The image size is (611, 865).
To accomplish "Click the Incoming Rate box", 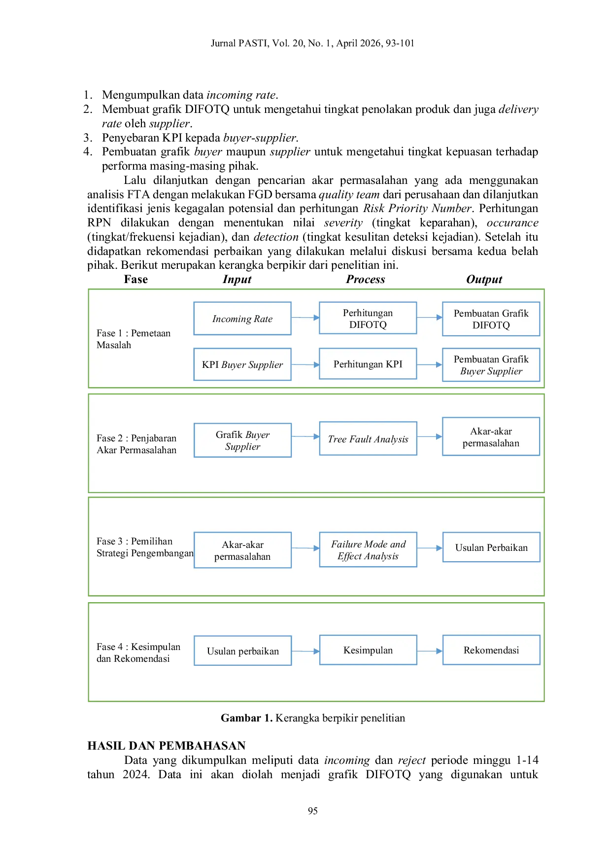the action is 242,319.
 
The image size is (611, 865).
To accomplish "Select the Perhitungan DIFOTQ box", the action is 368,318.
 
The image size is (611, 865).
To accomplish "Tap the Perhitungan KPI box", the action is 368,364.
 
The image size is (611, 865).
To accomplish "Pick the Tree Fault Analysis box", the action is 368,438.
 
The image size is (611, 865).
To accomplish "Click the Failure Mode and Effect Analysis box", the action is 368,549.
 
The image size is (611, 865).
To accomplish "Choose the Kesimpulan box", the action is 368,650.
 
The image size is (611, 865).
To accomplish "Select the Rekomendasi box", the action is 491,650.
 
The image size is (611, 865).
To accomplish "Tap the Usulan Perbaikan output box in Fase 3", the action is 491,547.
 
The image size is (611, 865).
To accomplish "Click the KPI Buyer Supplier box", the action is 242,364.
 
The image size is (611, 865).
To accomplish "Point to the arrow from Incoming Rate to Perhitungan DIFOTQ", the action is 305,318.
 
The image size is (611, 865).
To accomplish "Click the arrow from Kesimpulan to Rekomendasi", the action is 430,651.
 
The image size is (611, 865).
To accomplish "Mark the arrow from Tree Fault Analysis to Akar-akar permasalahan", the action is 430,436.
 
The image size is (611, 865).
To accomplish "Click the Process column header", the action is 366,279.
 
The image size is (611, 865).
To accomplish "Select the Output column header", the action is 484,280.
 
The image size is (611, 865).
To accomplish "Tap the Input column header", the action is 237,280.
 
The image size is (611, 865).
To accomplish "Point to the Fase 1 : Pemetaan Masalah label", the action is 134,339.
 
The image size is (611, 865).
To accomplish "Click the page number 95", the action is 313,811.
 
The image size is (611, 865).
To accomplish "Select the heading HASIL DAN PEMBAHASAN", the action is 167,746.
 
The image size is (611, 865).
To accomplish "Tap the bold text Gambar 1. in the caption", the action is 246,718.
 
